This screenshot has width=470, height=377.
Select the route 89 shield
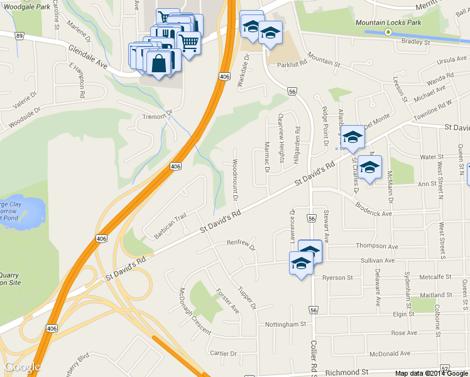(x=19, y=36)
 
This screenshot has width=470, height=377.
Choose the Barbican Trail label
(x=171, y=226)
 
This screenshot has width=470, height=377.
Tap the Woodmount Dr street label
(x=234, y=180)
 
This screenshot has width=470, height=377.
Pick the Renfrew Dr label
(x=241, y=244)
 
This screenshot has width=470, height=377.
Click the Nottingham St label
(x=284, y=324)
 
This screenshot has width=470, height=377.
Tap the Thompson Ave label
(x=376, y=246)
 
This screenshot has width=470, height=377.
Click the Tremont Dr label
(x=156, y=116)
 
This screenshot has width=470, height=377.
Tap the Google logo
(x=22, y=367)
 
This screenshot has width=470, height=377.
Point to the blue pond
(x=25, y=212)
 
